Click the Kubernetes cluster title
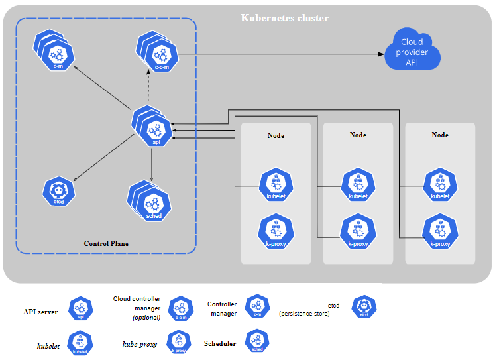pos(284,18)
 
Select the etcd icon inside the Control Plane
pos(59,191)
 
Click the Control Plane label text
pos(106,243)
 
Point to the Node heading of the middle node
pos(358,135)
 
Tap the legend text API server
pos(40,312)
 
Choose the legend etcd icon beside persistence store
pos(364,308)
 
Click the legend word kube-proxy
pos(140,344)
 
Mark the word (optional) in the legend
pos(146,317)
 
